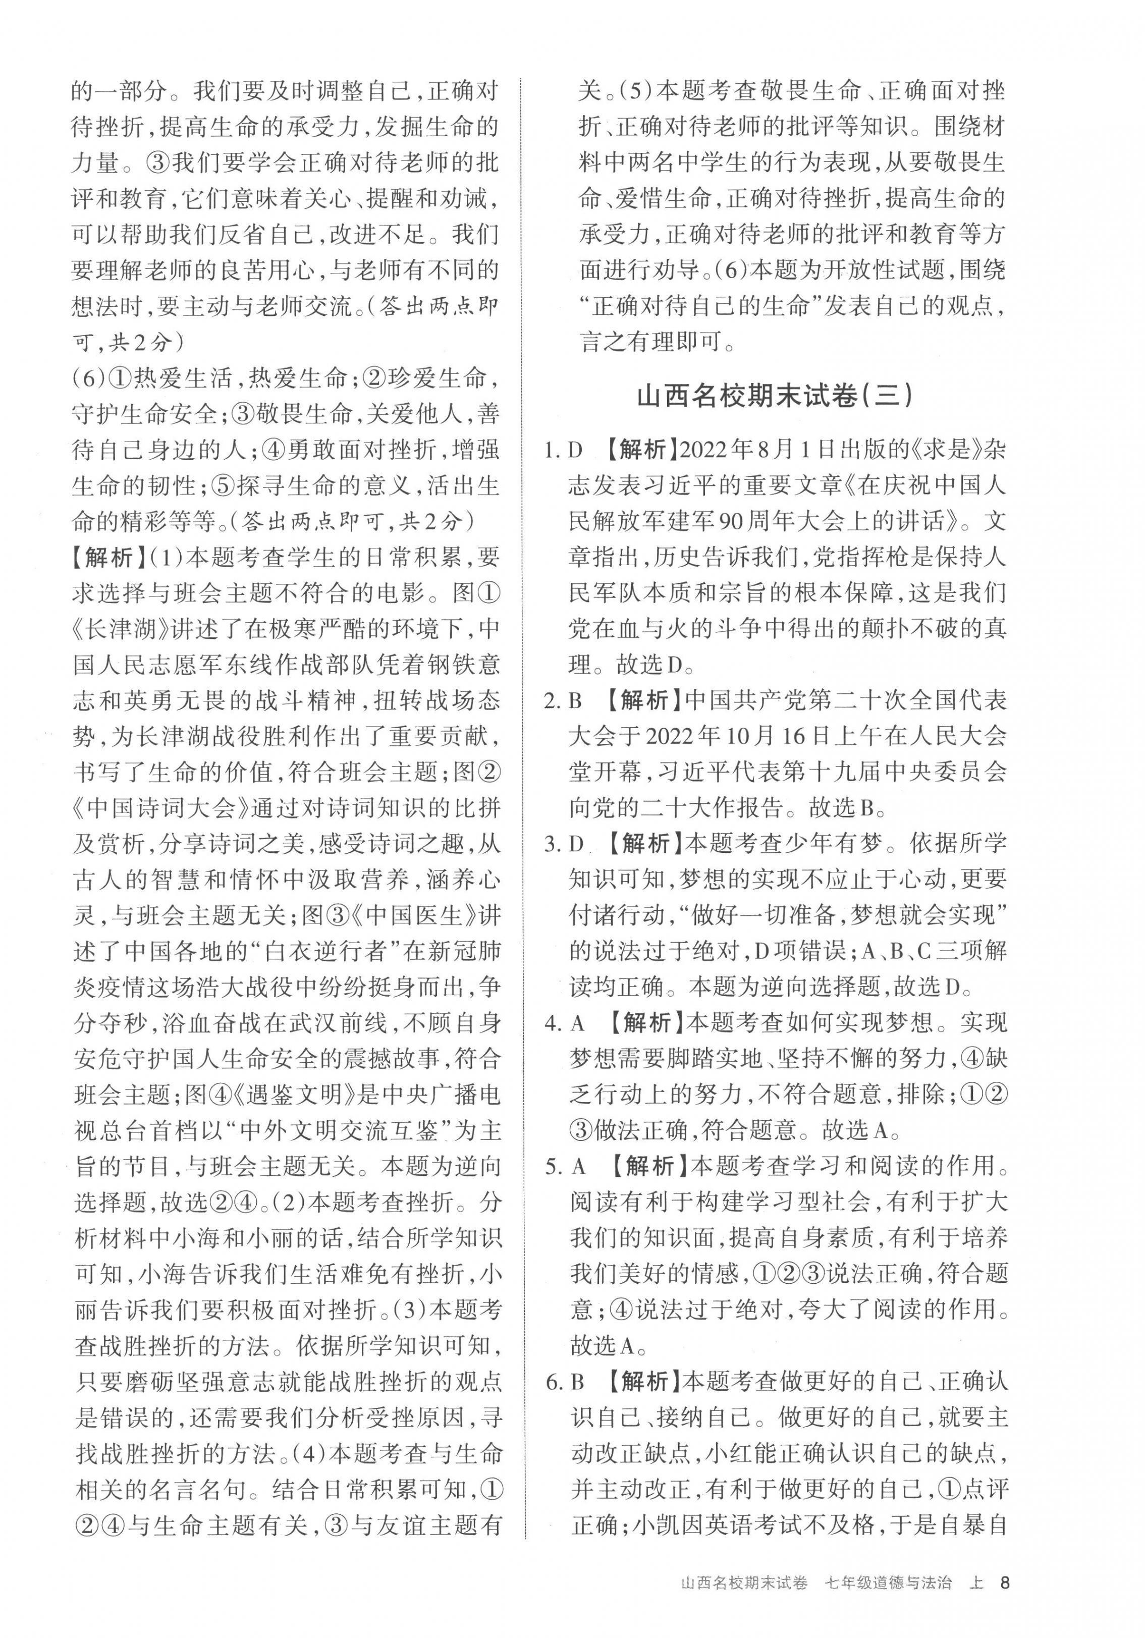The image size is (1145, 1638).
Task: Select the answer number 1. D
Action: click(x=564, y=451)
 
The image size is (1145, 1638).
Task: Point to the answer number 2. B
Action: click(x=564, y=700)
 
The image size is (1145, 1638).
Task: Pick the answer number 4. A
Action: click(x=564, y=1023)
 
